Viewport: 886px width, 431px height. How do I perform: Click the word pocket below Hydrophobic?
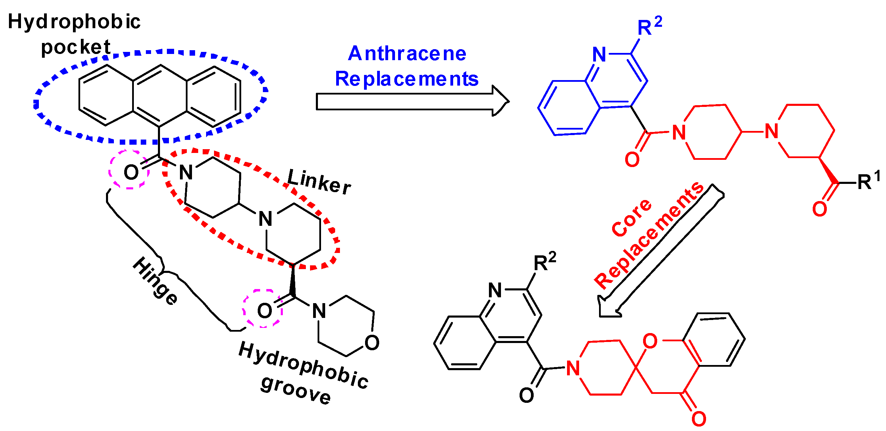pyautogui.click(x=76, y=47)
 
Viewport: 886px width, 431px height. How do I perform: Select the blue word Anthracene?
pyautogui.click(x=407, y=54)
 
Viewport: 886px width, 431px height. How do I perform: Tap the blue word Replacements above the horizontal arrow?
pyautogui.click(x=407, y=79)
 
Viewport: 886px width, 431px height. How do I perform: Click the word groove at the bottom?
pyautogui.click(x=296, y=392)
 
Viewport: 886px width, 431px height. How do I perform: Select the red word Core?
pyautogui.click(x=631, y=218)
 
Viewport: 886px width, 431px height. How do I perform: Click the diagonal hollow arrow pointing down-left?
pyautogui.click(x=661, y=251)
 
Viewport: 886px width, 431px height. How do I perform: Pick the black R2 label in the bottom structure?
pyautogui.click(x=544, y=263)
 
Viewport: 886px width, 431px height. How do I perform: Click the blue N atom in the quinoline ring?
pyautogui.click(x=599, y=54)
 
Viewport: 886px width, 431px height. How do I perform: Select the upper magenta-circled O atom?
pyautogui.click(x=131, y=172)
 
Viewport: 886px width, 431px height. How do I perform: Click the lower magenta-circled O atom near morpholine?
pyautogui.click(x=264, y=311)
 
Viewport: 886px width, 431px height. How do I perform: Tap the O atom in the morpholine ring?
pyautogui.click(x=372, y=343)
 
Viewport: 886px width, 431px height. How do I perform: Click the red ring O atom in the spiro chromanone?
pyautogui.click(x=650, y=341)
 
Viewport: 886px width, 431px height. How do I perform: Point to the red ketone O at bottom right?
pyautogui.click(x=699, y=418)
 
